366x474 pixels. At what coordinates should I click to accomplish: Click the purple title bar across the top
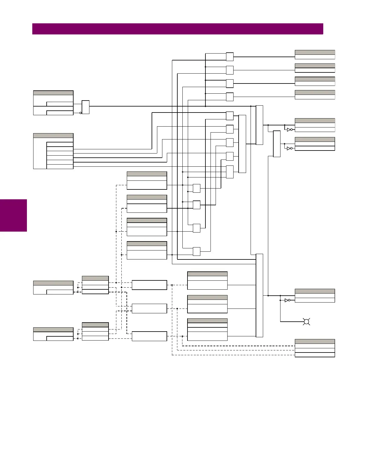[x=178, y=29]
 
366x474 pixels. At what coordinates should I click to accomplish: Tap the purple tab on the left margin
[x=13, y=215]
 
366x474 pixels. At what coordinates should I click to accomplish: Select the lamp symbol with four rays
[x=306, y=322]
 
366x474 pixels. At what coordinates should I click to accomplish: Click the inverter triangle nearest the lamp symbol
[x=287, y=300]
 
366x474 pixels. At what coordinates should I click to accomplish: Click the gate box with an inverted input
[x=86, y=107]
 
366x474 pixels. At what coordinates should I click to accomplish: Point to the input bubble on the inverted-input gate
[x=80, y=113]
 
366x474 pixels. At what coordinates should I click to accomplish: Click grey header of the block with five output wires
[x=53, y=136]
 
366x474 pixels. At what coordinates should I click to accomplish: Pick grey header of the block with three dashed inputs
[x=315, y=341]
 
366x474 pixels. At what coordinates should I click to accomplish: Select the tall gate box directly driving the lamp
[x=260, y=295]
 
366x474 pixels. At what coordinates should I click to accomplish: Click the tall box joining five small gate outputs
[x=242, y=144]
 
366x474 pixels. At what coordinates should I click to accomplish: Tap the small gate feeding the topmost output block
[x=230, y=57]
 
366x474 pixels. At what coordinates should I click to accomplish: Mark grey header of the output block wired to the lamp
[x=315, y=291]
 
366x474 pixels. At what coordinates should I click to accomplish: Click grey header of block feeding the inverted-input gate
[x=53, y=93]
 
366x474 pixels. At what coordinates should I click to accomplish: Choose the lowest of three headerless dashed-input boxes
[x=149, y=336]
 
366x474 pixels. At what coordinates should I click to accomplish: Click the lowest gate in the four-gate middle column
[x=196, y=251]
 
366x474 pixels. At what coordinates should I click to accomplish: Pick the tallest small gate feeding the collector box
[x=230, y=172]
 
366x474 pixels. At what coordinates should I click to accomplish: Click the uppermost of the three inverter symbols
[x=289, y=130]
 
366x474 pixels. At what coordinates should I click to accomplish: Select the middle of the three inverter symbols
[x=289, y=148]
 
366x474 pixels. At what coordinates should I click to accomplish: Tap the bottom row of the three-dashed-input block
[x=315, y=355]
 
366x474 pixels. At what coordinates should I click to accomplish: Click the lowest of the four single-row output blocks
[x=315, y=97]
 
